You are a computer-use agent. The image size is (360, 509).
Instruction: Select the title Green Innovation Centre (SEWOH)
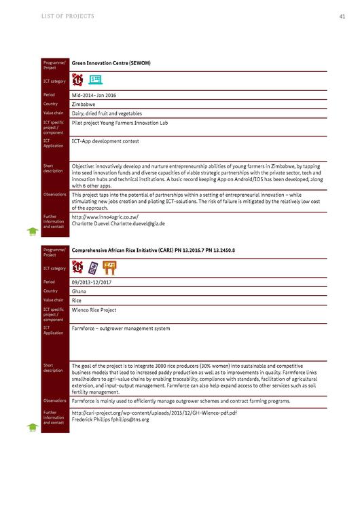(111, 63)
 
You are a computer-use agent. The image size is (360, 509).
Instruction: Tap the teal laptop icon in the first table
(96, 79)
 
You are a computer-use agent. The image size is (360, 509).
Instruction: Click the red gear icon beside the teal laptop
(78, 79)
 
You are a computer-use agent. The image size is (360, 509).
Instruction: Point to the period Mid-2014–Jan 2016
(94, 95)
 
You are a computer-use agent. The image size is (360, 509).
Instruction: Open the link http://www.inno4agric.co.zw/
(105, 216)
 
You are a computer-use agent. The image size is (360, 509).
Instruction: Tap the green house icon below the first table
(32, 231)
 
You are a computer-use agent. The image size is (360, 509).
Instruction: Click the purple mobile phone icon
(93, 267)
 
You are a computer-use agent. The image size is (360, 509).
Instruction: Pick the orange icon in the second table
(109, 267)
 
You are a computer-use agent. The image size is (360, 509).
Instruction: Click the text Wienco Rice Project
(94, 309)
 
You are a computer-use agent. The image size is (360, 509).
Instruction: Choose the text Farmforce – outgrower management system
(121, 328)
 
